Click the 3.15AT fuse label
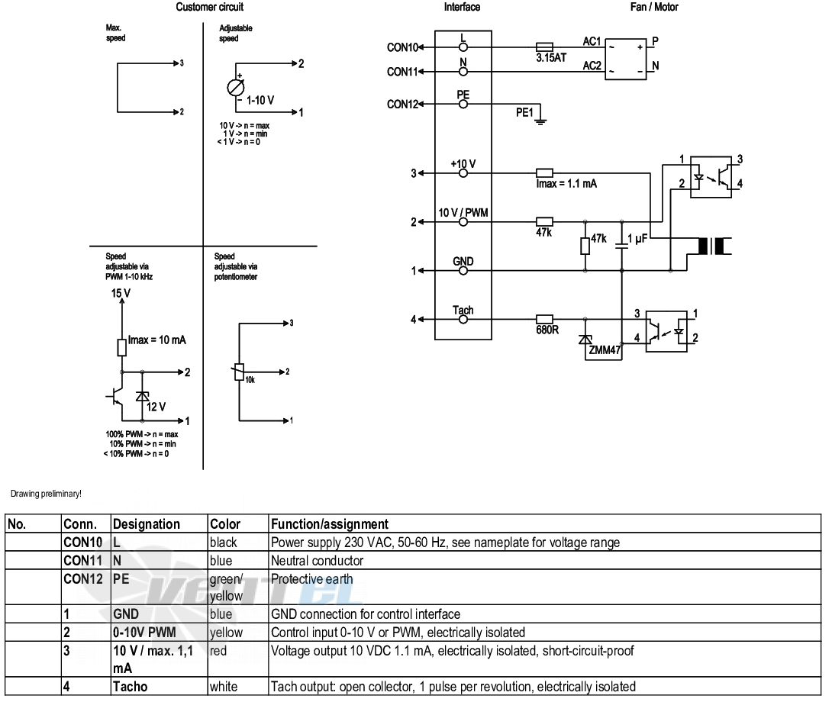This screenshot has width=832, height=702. (x=551, y=58)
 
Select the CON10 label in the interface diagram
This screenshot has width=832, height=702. (x=403, y=47)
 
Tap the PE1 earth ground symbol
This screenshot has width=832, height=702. (x=540, y=119)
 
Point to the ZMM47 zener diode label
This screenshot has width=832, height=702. (x=605, y=350)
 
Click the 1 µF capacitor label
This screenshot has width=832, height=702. (x=637, y=239)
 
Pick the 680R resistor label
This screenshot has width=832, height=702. (x=547, y=330)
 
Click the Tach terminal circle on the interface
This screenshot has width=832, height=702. (x=463, y=320)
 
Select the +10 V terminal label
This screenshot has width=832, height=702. (x=463, y=163)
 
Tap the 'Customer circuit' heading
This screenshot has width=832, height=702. (x=210, y=7)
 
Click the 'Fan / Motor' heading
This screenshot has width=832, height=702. (x=653, y=7)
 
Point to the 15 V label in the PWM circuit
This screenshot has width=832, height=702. (x=121, y=294)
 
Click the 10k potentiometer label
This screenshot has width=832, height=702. (x=250, y=380)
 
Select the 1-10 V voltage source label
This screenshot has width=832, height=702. (x=260, y=100)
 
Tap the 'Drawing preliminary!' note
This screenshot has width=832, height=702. (x=46, y=494)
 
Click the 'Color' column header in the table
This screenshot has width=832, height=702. (x=225, y=524)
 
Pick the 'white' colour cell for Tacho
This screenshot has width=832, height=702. (x=224, y=687)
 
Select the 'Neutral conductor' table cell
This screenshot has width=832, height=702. (x=317, y=561)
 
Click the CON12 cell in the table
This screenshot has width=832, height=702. (x=82, y=579)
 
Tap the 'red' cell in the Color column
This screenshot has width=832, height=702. (x=218, y=651)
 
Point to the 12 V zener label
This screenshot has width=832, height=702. (x=156, y=407)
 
